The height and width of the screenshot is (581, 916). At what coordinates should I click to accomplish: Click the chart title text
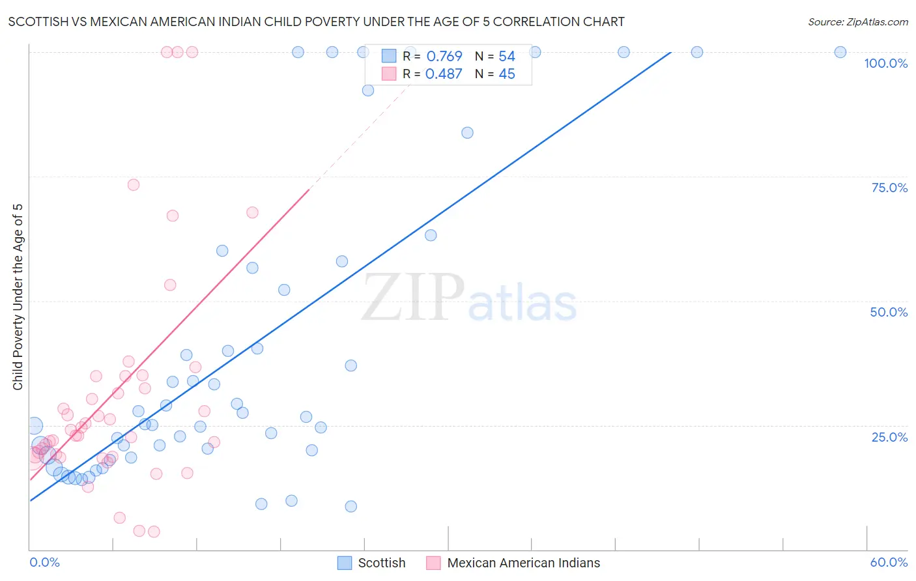tap(316, 21)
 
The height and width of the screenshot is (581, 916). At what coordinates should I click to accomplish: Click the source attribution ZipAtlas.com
tap(857, 21)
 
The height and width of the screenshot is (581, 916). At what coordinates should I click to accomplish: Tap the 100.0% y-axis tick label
tap(885, 63)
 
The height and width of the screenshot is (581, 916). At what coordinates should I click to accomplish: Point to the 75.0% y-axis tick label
tap(889, 188)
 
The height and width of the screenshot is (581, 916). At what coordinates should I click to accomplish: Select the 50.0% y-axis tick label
tap(889, 312)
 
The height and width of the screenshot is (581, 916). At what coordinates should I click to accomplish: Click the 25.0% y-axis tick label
tap(889, 436)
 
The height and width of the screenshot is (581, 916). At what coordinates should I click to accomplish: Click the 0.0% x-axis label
tap(44, 562)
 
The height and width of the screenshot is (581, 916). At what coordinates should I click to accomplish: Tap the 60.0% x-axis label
tap(889, 562)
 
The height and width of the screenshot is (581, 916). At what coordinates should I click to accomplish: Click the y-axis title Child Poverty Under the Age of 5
tap(18, 297)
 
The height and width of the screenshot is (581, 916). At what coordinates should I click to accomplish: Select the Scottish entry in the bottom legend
tap(381, 563)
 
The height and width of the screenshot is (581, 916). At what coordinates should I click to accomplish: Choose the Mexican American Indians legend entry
tap(523, 563)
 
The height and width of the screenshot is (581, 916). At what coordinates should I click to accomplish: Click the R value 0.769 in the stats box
tap(444, 56)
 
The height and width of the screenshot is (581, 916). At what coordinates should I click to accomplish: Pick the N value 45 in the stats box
tap(507, 74)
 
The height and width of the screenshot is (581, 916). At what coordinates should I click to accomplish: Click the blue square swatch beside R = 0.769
tap(389, 56)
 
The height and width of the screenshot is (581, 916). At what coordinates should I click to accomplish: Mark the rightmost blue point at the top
tap(840, 52)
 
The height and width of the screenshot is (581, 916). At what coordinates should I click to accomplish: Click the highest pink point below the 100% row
tap(134, 185)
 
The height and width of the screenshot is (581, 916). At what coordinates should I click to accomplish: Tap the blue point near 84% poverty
tap(467, 133)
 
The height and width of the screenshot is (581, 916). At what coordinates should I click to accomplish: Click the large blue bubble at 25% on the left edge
tap(35, 426)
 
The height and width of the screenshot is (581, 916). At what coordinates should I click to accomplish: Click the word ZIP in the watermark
tap(413, 298)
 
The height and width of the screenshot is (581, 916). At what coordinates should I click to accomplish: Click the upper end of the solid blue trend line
tap(670, 52)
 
